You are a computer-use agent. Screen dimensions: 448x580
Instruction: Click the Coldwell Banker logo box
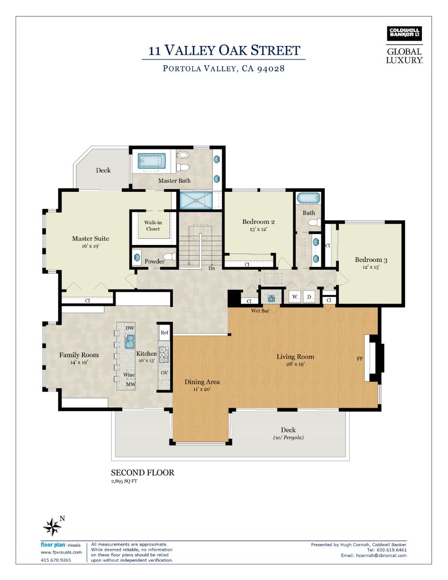point(404,33)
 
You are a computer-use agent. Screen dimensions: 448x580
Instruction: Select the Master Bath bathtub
point(151,161)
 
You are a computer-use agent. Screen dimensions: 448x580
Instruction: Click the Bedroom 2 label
point(258,221)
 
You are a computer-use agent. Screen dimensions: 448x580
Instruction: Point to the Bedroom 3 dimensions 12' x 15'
point(371,267)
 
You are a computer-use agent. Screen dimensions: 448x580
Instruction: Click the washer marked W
point(295,297)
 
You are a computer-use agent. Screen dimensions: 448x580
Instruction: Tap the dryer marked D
point(309,297)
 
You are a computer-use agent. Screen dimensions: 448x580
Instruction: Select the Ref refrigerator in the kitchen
point(164,333)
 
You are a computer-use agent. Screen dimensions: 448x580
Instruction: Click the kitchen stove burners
point(164,354)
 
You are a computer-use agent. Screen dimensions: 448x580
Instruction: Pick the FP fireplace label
point(360,359)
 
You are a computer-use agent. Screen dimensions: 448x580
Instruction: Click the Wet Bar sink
point(272,298)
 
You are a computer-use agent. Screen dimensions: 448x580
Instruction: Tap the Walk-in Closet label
point(153,226)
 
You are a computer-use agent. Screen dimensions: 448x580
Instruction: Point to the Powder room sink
point(137,258)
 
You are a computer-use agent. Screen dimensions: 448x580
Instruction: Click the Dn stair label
point(212,268)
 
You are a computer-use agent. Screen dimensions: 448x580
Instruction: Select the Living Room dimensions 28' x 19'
point(295,364)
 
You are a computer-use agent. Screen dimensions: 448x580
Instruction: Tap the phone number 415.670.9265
point(56,560)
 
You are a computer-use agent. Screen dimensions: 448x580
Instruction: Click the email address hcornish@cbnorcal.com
point(381,555)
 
